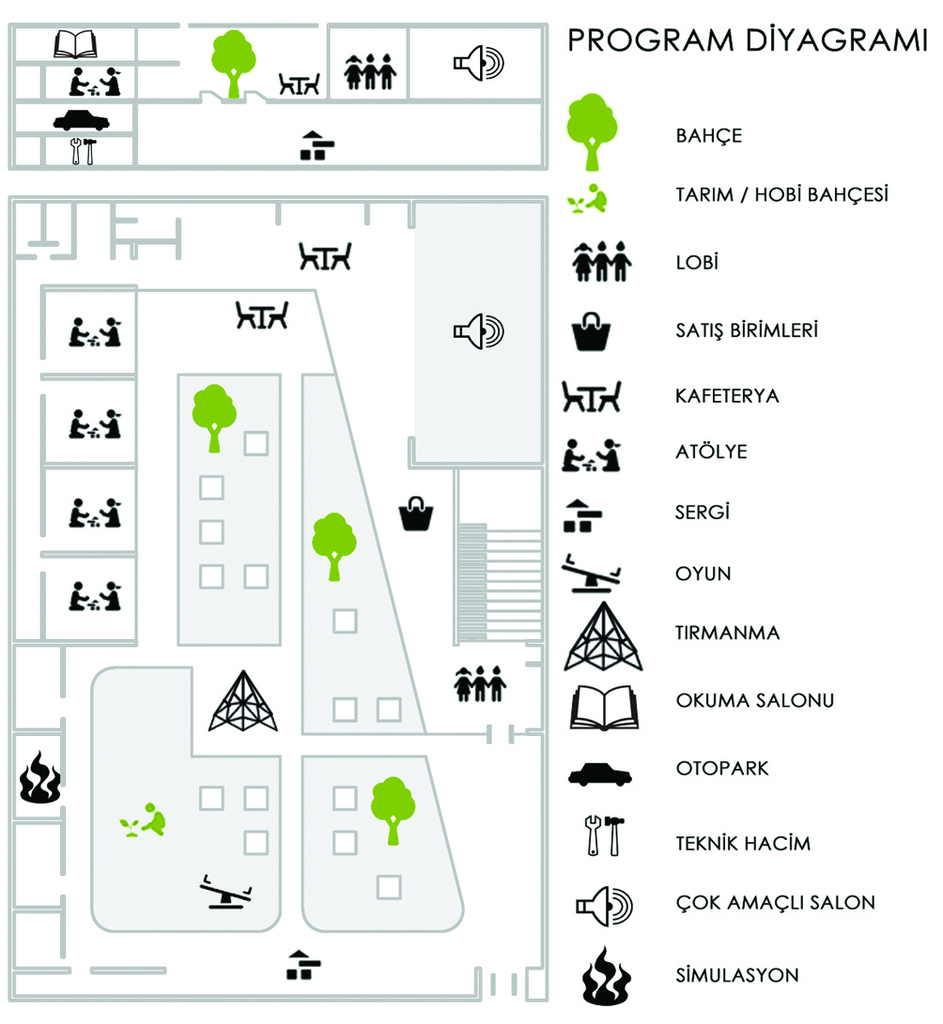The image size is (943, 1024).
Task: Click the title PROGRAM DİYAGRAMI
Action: coord(748,42)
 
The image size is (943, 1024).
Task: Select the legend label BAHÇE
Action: coord(709,135)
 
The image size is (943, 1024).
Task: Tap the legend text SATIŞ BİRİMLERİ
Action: coord(747,330)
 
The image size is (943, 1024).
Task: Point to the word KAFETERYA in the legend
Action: coord(728,395)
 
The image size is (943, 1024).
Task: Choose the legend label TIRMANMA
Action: coord(728,633)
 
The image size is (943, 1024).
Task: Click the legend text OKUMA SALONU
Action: coord(755,700)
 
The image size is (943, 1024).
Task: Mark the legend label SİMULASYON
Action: coord(737,975)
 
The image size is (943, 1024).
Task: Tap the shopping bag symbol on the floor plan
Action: coord(416,513)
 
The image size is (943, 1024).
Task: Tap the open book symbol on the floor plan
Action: coord(76,44)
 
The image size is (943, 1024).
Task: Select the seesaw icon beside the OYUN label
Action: coord(594,573)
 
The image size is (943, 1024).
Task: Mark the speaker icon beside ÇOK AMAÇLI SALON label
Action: coord(604,905)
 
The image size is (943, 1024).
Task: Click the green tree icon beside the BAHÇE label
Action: coord(592,131)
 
